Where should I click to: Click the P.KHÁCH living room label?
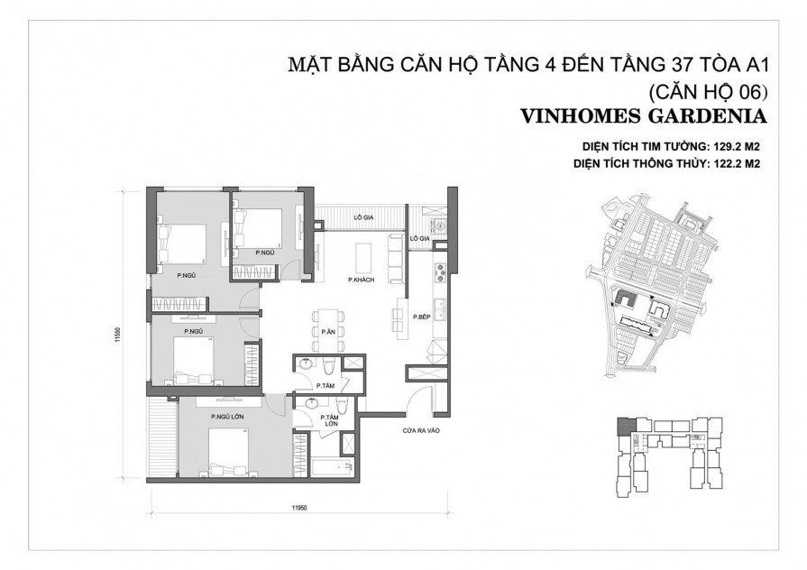pos(361,281)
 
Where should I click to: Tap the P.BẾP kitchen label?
pos(420,317)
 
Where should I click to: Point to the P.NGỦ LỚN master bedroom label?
pos(229,417)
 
